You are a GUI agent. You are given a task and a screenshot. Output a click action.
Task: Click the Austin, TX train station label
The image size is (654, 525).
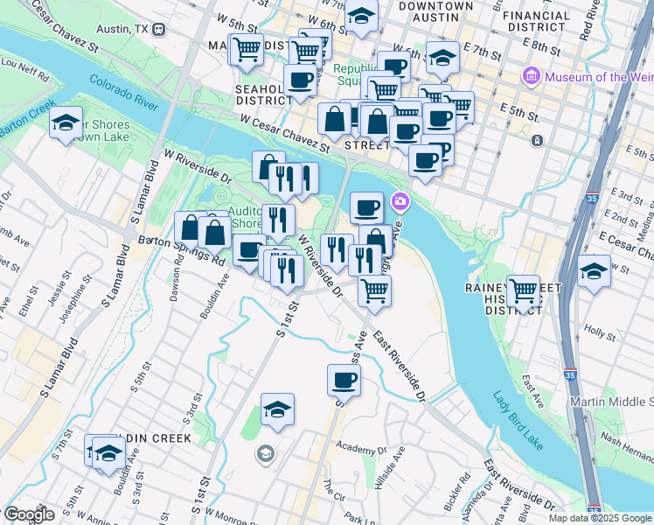pos(127,28)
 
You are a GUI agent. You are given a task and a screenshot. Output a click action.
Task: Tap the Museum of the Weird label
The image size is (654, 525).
pos(599,77)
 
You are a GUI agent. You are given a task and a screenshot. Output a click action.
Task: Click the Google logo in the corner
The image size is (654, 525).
pos(29,514)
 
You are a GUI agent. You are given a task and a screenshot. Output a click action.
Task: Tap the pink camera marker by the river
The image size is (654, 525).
pos(400,202)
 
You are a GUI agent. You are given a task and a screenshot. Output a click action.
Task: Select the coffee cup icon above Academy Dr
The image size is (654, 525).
pos(344,380)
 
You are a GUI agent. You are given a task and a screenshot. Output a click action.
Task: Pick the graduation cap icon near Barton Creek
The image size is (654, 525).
pos(66,123)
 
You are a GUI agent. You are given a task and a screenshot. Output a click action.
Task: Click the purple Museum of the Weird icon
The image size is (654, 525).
pos(530,77)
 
